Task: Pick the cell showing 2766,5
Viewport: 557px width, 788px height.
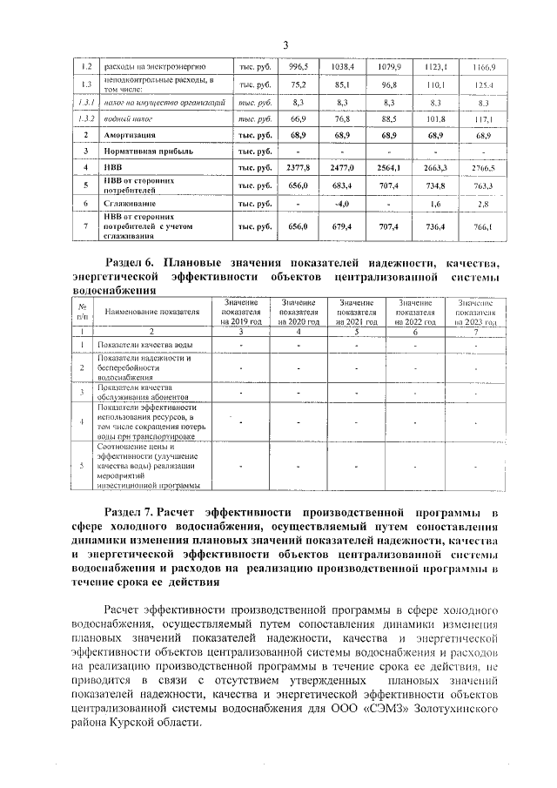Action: click(x=482, y=168)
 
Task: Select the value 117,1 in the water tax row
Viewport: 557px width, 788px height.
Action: click(x=482, y=119)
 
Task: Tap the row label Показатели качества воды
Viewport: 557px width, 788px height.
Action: click(x=144, y=346)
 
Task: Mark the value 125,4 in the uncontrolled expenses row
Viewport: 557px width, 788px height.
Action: click(x=482, y=84)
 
